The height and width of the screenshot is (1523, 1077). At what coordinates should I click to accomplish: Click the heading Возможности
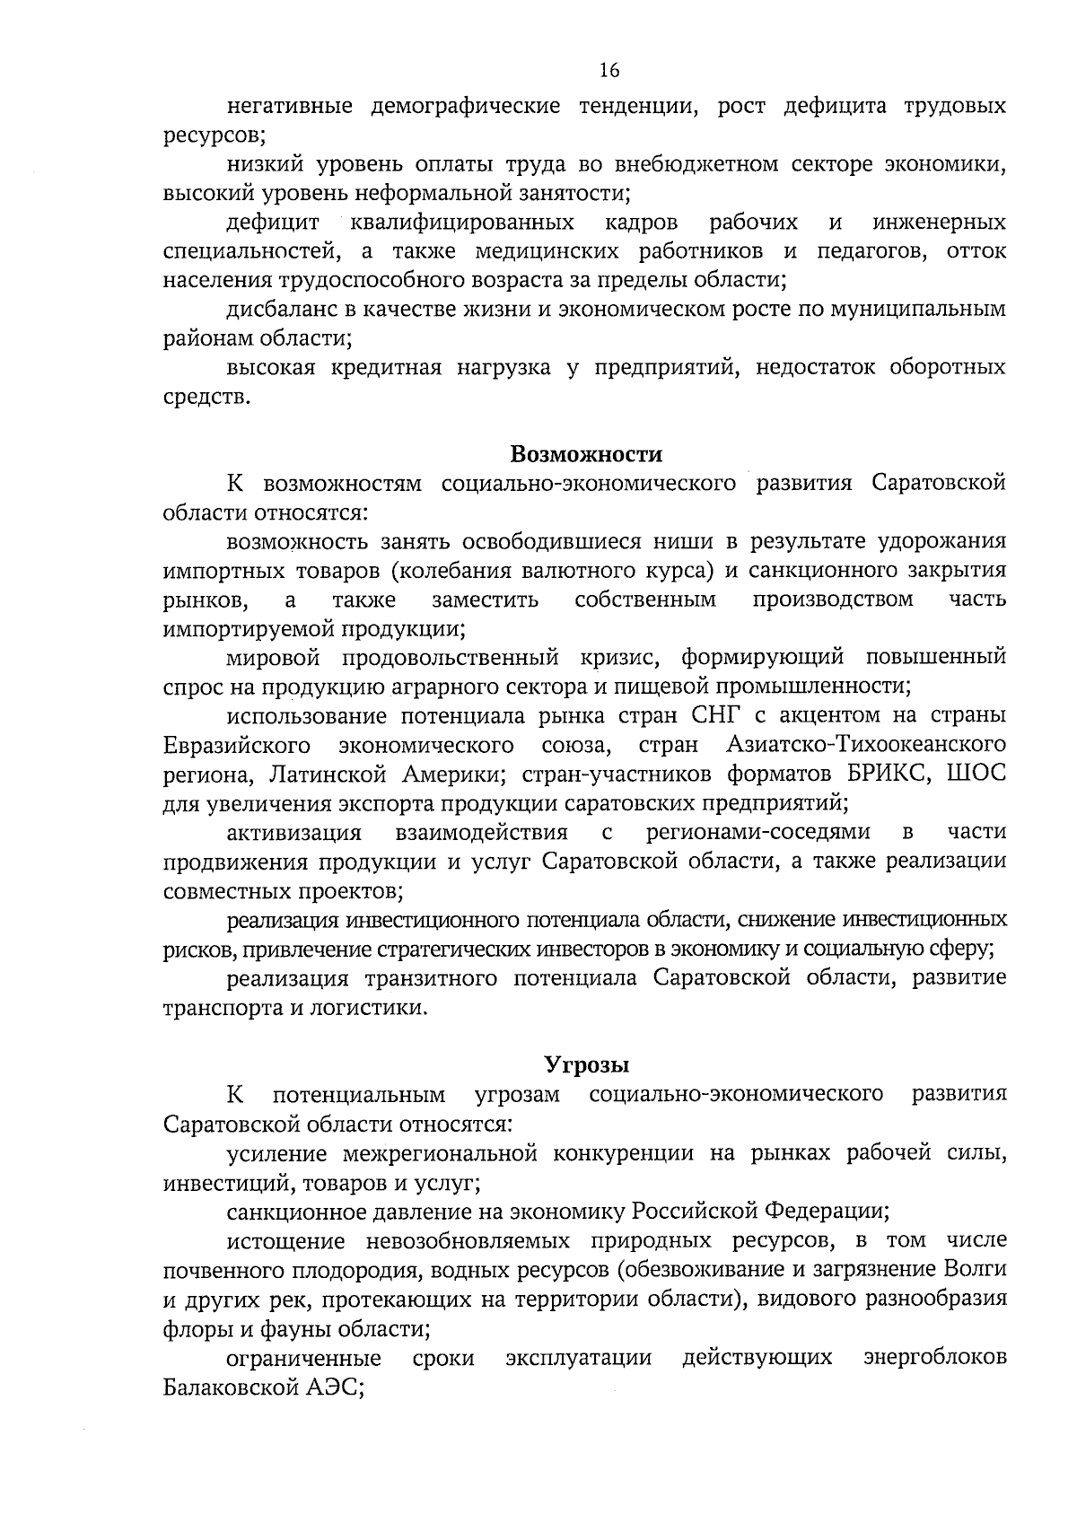586,454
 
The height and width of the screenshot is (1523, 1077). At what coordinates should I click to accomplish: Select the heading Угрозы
587,1065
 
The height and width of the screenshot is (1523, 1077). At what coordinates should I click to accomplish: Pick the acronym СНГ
702,716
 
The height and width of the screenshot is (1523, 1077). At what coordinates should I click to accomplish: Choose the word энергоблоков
934,1385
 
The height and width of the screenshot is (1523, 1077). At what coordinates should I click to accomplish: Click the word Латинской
340,774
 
